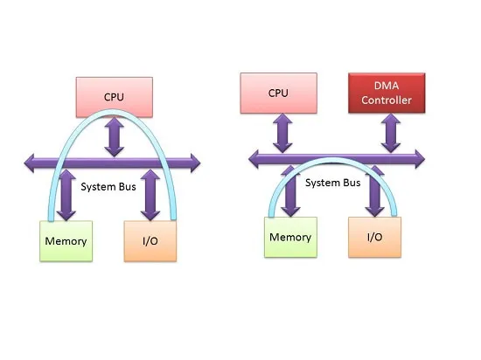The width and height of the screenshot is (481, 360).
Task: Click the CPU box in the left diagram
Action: tap(114, 97)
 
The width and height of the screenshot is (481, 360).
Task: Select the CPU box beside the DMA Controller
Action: tap(278, 93)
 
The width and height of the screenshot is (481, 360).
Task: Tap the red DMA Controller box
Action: tap(387, 93)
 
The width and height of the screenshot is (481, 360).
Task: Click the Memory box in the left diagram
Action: tap(66, 241)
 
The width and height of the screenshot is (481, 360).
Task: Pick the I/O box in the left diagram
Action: tap(150, 241)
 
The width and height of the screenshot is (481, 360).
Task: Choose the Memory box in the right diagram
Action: tap(290, 237)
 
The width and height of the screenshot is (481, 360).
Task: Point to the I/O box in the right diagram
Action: tap(374, 237)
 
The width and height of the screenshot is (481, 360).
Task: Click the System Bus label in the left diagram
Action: tap(108, 187)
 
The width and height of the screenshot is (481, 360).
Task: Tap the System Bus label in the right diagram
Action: tap(333, 183)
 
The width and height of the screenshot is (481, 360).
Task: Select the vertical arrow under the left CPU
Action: tap(114, 137)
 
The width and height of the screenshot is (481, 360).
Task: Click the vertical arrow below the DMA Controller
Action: tap(391, 134)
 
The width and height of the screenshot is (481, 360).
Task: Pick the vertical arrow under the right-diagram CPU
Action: tap(282, 134)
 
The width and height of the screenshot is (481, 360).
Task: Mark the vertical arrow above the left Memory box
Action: tap(66, 195)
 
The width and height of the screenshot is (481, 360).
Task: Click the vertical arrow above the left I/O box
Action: tap(150, 195)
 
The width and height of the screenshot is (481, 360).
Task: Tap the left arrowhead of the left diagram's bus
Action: tap(29, 163)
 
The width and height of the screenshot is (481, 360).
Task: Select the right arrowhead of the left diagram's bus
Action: tap(195, 163)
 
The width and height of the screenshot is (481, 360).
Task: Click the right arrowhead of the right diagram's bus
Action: tap(420, 159)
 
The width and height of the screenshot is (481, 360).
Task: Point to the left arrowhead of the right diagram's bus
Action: tap(254, 159)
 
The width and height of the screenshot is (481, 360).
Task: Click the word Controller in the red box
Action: tap(387, 100)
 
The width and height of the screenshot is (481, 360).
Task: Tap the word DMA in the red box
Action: tap(387, 86)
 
